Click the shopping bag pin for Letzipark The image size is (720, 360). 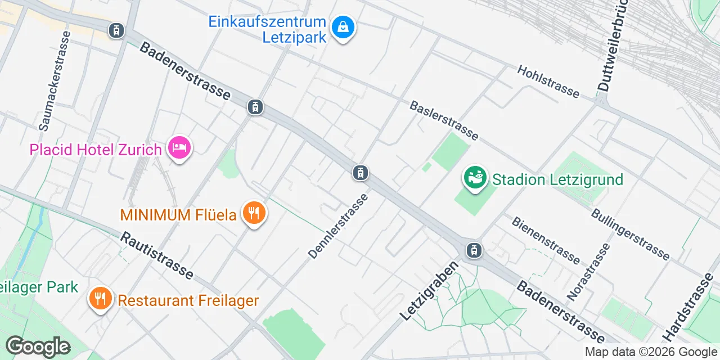(342, 26)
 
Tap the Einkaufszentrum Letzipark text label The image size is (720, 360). (267, 29)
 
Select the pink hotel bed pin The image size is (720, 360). (180, 148)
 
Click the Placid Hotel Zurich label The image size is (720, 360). (96, 150)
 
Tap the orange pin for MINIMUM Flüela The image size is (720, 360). (254, 213)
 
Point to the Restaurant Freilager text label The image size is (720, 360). (188, 300)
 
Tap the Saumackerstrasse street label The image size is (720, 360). (55, 81)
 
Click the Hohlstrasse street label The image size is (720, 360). (548, 81)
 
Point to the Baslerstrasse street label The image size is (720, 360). (444, 120)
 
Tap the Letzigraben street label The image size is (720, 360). (428, 291)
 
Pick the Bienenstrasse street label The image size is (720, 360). (545, 240)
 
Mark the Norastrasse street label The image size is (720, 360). (588, 271)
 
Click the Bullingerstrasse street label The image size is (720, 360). (630, 235)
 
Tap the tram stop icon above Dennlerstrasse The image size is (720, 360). (361, 173)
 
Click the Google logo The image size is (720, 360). (38, 346)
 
